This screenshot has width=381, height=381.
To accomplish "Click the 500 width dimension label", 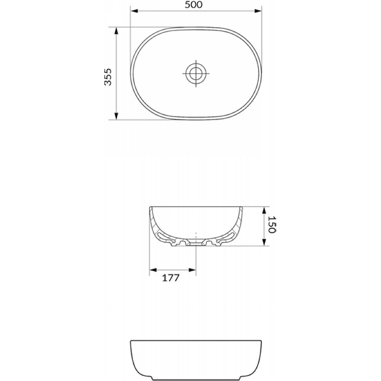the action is [x=193, y=5].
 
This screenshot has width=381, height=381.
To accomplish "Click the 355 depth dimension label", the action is [x=108, y=77].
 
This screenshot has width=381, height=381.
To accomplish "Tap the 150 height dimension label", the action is [x=272, y=224].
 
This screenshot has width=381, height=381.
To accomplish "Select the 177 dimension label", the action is [x=171, y=278].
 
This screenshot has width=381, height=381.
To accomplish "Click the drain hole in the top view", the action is [x=196, y=73].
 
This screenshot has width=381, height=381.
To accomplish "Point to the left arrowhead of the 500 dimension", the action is [x=134, y=11].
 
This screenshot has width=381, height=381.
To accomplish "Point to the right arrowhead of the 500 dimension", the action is [x=258, y=11].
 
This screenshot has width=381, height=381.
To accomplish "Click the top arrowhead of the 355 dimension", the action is [x=116, y=31].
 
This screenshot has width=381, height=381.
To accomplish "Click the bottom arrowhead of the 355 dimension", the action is [x=116, y=116].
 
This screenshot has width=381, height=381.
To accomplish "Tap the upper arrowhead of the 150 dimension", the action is [x=264, y=211].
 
